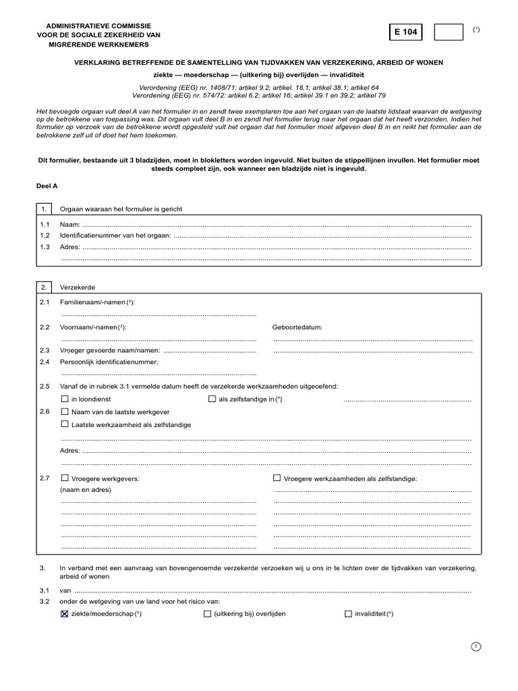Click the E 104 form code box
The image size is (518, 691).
pos(406,32)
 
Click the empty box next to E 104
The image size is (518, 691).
pos(448,32)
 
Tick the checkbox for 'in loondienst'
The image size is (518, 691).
pos(65,399)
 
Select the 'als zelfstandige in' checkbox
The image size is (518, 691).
pos(212,399)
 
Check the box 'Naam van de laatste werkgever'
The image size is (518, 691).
pos(65,412)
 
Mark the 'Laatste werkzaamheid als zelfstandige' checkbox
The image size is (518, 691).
pos(65,424)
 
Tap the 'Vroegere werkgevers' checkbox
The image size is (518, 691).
pos(65,478)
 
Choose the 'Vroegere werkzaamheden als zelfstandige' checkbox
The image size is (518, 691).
pos(277,478)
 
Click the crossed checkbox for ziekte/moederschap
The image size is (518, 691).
pos(65,614)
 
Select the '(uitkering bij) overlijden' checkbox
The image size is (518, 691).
pos(207,614)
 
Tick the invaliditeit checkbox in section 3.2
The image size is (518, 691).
pos(348,614)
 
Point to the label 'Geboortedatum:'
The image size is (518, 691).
pos(297,327)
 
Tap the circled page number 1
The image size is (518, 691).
pos(476,647)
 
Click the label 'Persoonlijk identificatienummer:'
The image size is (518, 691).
pos(109,362)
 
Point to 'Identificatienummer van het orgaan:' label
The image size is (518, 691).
pos(115,235)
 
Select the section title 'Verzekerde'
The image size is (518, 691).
pos(78,287)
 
